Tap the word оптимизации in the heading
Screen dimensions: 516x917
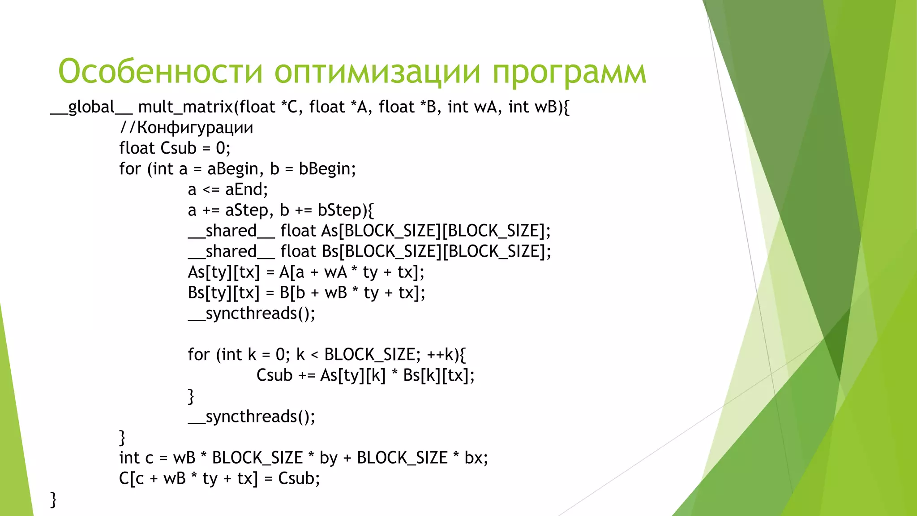(x=377, y=72)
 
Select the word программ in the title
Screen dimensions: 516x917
(x=569, y=72)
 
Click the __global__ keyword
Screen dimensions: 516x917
(x=91, y=107)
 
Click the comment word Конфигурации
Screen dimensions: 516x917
(x=195, y=128)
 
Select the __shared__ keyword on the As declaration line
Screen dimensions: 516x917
(x=231, y=231)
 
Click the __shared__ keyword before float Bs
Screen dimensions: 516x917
(x=231, y=252)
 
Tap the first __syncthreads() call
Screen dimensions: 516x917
(x=252, y=314)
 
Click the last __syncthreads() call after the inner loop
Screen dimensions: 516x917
(x=252, y=417)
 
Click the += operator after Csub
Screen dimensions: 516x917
(x=307, y=375)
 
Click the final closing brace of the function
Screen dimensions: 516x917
(x=53, y=499)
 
